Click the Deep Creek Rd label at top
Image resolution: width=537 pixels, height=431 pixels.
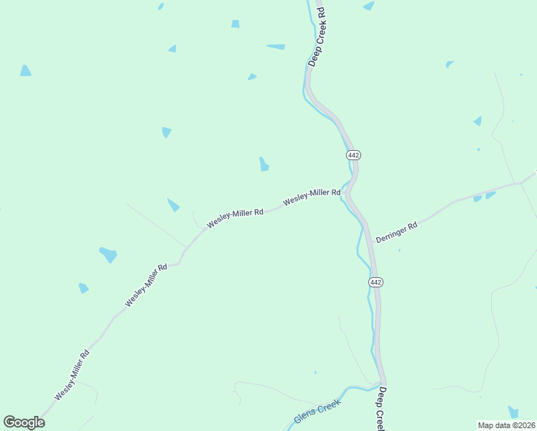(317, 37)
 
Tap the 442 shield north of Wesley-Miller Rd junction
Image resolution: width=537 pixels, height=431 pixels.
(352, 155)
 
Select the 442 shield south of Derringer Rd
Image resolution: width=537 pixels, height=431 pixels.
(376, 282)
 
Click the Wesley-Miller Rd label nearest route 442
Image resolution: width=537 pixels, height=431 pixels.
(312, 197)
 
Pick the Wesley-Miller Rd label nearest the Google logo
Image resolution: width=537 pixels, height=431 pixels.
(72, 375)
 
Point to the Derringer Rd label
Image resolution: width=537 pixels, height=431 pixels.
(396, 232)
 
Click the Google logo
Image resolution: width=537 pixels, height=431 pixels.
(24, 422)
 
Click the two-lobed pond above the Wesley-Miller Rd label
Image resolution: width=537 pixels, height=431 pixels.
(264, 164)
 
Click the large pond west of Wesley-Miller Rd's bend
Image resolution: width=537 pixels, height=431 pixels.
(108, 254)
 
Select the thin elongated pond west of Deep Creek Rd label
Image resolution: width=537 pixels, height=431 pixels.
(276, 47)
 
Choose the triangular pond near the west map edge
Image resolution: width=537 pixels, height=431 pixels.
(25, 70)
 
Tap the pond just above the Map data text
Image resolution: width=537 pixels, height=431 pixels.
(513, 412)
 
